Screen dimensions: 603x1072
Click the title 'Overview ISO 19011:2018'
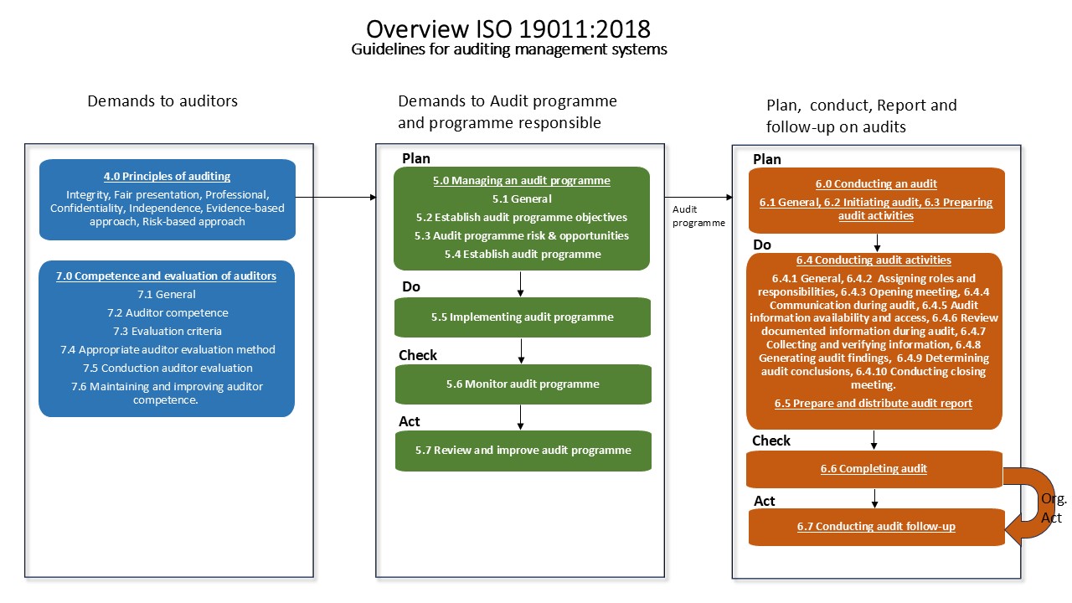click(508, 28)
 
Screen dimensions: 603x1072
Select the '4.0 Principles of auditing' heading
click(167, 177)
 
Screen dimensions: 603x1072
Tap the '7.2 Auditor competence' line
click(167, 312)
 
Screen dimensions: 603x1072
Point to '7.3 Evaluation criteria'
click(167, 331)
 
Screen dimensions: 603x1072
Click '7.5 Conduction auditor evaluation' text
click(167, 368)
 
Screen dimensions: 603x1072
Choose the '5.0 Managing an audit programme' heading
click(521, 180)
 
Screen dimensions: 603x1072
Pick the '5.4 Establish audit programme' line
click(521, 254)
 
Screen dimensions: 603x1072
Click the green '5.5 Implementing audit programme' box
click(523, 317)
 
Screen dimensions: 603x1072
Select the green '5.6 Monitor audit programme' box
click(523, 384)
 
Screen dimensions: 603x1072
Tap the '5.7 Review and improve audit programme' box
click(523, 451)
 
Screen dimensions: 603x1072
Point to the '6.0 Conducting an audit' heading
click(876, 183)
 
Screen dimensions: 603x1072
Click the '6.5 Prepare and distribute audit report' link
click(874, 403)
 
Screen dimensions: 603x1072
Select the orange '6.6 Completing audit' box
click(874, 469)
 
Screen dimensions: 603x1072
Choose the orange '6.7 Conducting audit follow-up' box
click(875, 527)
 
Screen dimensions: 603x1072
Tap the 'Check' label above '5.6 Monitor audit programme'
click(417, 355)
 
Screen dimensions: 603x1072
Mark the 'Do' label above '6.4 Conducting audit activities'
click(761, 245)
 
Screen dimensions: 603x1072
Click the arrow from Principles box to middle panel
click(335, 198)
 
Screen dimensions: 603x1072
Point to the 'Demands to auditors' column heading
click(162, 101)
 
